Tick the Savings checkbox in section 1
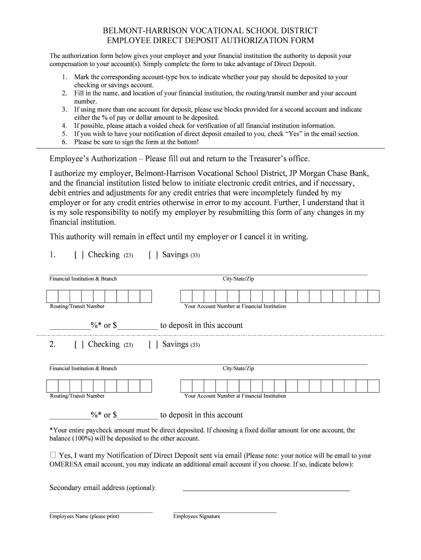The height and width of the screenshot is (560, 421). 154,255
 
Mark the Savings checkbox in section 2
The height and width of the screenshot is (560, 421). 154,345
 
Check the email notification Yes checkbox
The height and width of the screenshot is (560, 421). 53,454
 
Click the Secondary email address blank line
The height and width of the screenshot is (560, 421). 266,488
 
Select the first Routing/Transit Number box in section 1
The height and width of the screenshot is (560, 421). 52,296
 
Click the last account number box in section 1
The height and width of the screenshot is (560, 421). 373,296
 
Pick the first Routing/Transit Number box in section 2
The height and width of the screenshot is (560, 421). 52,386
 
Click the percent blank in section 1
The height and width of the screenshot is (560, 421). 70,325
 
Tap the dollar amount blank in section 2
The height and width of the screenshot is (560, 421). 138,415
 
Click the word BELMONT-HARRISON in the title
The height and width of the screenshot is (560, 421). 143,31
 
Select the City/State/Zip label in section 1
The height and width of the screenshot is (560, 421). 238,279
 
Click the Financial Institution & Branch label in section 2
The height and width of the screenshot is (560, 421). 83,369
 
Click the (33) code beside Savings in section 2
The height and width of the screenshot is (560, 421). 195,345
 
